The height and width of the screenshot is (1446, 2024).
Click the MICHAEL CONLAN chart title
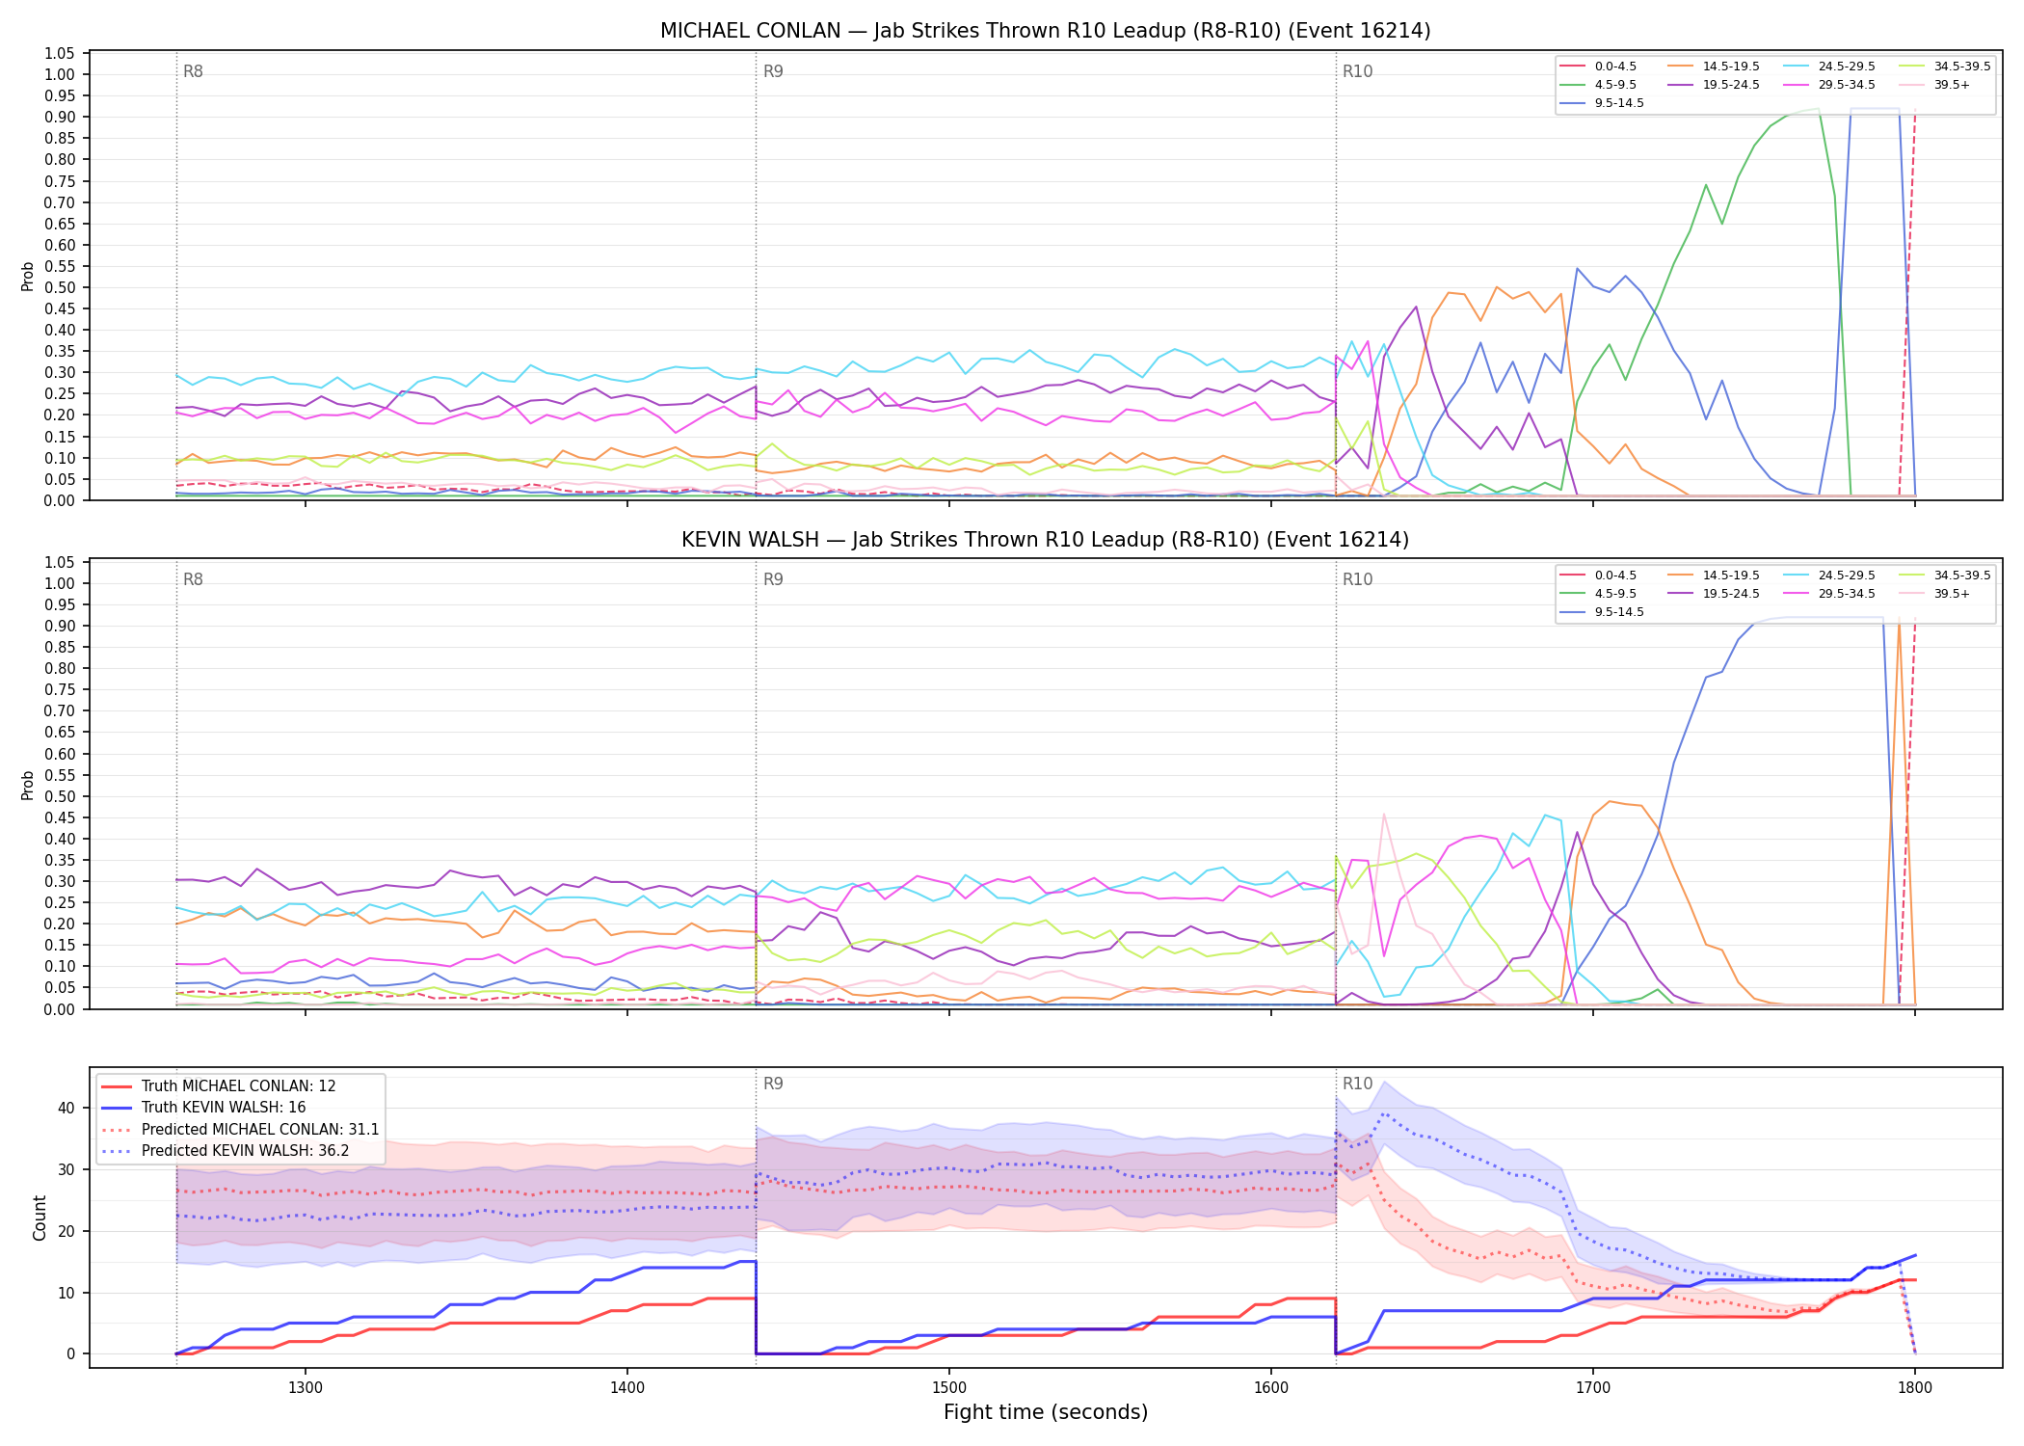(1045, 31)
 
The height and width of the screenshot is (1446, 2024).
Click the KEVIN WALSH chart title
(1045, 540)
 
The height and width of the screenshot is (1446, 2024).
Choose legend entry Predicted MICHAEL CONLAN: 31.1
(240, 1129)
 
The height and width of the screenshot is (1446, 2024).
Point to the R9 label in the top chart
(773, 71)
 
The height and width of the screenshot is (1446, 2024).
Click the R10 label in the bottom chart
(1357, 1084)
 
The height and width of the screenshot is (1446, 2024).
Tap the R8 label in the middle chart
(193, 579)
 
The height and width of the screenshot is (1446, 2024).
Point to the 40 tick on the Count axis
(66, 1108)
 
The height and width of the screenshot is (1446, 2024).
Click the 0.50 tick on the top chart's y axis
(60, 287)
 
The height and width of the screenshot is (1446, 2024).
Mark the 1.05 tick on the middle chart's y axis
(60, 562)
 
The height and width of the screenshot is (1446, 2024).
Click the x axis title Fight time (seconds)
(1046, 1412)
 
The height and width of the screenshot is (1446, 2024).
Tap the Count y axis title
(40, 1218)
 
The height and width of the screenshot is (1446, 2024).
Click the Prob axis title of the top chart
(28, 276)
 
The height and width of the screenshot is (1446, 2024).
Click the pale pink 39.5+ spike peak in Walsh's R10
(1384, 814)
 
